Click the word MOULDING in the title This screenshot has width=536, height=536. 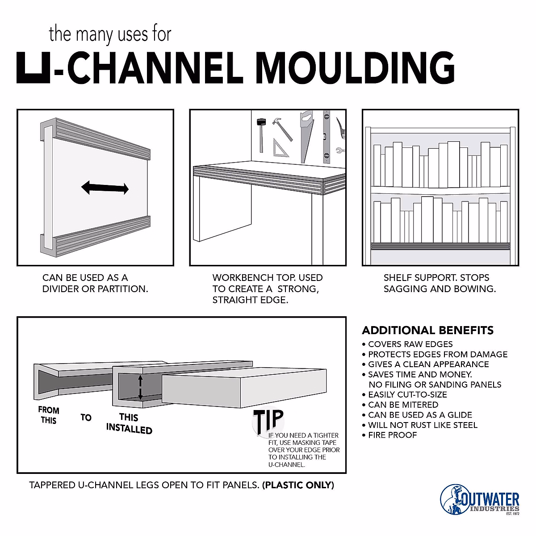(355, 68)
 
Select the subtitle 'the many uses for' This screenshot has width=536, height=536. (110, 34)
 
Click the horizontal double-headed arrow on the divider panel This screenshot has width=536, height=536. (105, 188)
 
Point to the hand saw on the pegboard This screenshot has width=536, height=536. (306, 136)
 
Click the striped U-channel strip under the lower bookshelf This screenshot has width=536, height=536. (440, 246)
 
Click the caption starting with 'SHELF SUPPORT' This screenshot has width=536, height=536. (440, 283)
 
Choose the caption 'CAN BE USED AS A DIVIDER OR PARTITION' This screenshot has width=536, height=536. (95, 283)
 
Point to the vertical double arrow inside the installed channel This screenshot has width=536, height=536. (140, 387)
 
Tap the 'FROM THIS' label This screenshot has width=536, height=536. (48, 415)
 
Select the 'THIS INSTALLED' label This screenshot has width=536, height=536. (129, 423)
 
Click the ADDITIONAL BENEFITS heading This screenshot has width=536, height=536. (427, 331)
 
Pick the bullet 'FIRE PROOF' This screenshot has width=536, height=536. (392, 435)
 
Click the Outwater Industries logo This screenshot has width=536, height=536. (480, 499)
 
